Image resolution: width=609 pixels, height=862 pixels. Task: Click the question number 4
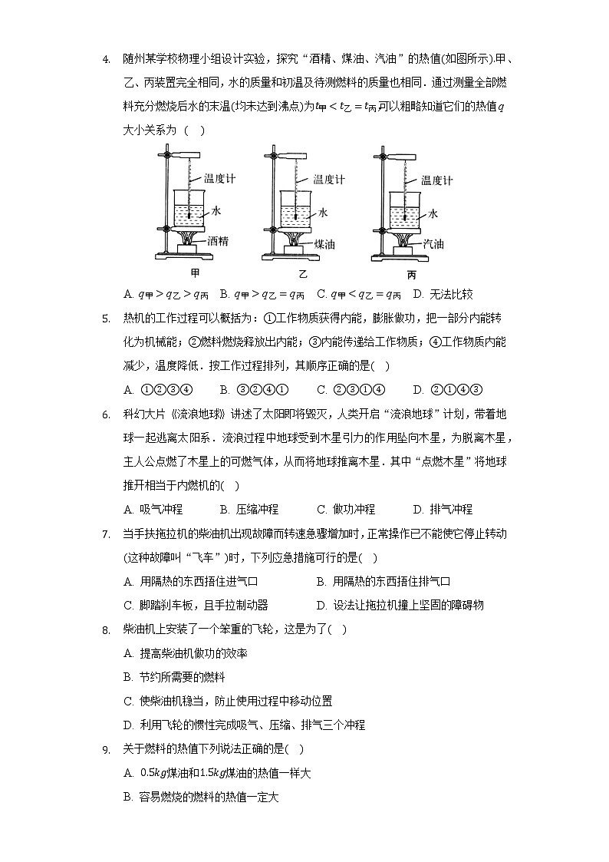pyautogui.click(x=105, y=58)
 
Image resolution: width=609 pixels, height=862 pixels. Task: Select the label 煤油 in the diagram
pyautogui.click(x=326, y=243)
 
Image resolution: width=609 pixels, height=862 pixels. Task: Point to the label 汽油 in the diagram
pyautogui.click(x=434, y=243)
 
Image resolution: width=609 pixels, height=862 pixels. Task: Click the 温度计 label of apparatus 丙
pyautogui.click(x=437, y=180)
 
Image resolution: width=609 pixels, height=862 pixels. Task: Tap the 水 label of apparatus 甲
pyautogui.click(x=216, y=210)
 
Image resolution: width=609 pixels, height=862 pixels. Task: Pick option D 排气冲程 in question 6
pyautogui.click(x=443, y=509)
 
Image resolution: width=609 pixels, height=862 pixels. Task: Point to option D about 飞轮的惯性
pyautogui.click(x=244, y=725)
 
